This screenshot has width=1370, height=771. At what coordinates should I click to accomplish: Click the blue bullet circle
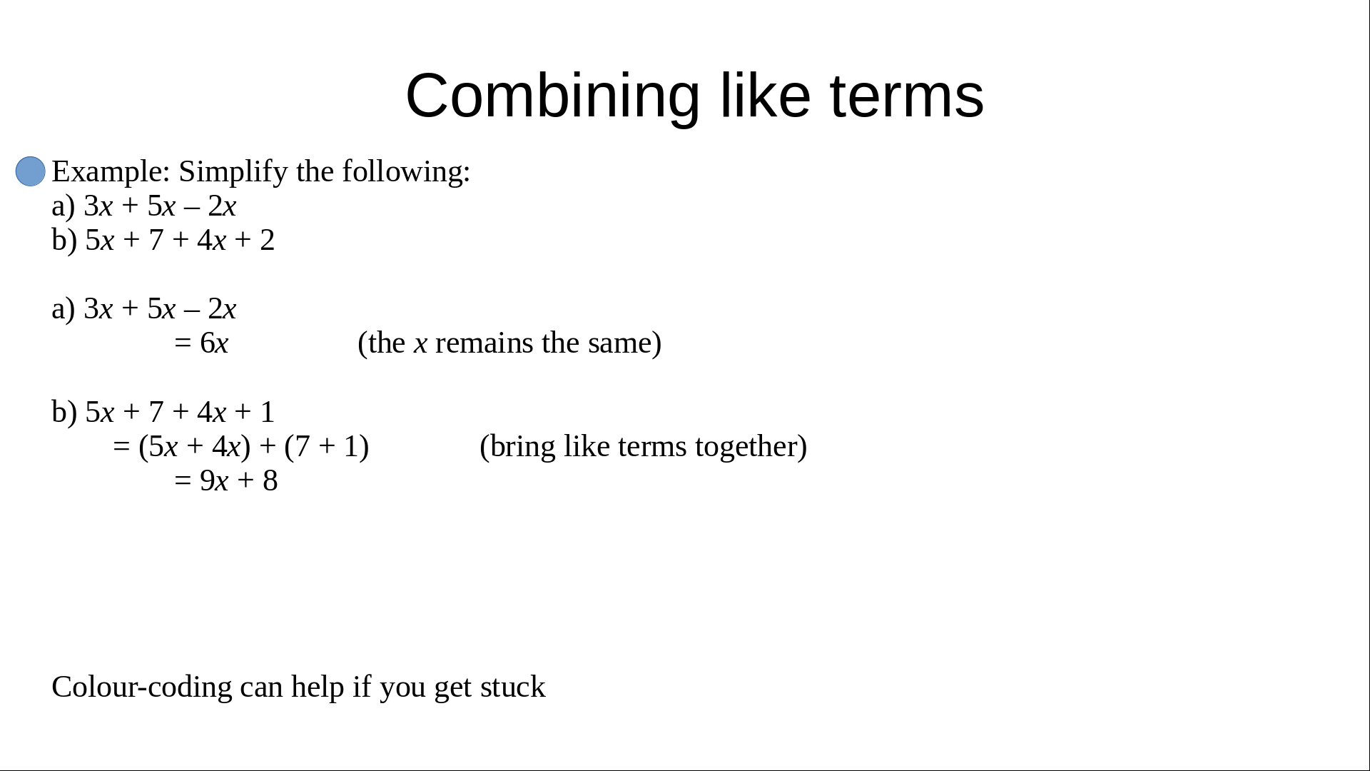pos(31,171)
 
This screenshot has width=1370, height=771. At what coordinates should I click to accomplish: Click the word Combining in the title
pos(553,96)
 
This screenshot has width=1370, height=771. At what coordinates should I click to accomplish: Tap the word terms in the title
pos(907,96)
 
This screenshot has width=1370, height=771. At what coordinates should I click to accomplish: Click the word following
pos(406,172)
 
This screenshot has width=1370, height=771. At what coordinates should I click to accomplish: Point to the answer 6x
pos(214,343)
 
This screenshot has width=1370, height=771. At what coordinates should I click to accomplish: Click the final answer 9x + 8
pos(239,480)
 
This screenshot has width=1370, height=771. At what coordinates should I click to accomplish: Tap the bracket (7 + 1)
pos(327,447)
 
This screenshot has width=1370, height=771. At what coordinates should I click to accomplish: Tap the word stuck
pos(513,687)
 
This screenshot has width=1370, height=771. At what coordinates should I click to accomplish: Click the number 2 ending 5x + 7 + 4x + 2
pos(268,241)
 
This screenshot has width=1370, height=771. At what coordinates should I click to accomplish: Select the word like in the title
pos(765,96)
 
